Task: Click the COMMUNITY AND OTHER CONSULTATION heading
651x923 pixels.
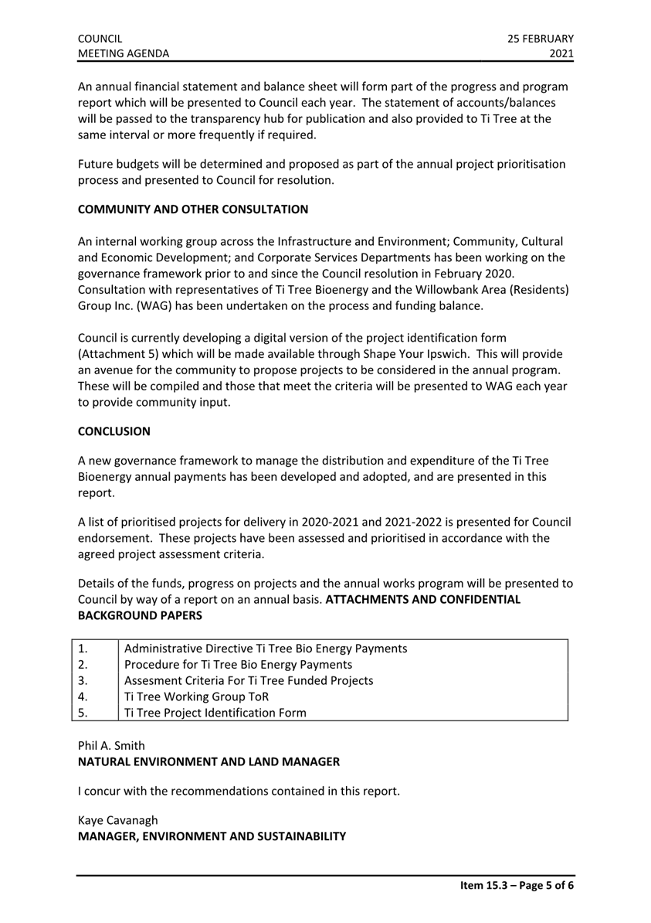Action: pyautogui.click(x=193, y=209)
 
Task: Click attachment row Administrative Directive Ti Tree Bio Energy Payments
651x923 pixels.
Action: pyautogui.click(x=266, y=647)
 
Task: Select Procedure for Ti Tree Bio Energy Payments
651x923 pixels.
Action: pyautogui.click(x=238, y=663)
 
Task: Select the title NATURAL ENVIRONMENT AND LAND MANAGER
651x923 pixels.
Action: pyautogui.click(x=209, y=761)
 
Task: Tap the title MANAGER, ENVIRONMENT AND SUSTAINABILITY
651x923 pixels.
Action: pyautogui.click(x=212, y=835)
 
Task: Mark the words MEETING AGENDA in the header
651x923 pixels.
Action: pyautogui.click(x=124, y=53)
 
